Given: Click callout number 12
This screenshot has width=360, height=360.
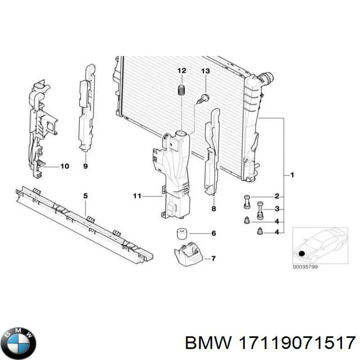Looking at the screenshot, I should [x=181, y=71].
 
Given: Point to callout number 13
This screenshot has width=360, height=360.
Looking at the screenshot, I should [x=205, y=71].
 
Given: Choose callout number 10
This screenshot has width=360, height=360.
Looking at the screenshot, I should [x=64, y=166].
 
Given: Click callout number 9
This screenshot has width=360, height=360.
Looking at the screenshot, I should [x=85, y=166].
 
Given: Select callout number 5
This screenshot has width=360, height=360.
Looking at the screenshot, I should [x=85, y=195].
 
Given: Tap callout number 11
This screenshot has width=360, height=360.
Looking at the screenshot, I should [x=137, y=196].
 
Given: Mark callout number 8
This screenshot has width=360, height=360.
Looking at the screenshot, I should [x=213, y=209].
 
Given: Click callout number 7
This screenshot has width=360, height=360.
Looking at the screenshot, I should [x=213, y=258].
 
